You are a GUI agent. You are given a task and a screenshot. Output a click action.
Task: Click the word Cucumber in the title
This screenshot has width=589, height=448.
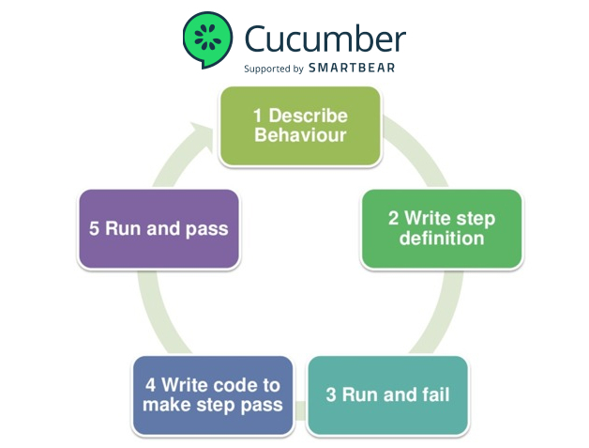325,39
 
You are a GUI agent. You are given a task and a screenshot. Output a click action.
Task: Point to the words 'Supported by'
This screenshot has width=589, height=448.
273,69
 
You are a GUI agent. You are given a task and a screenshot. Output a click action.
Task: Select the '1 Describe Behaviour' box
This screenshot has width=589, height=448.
300,126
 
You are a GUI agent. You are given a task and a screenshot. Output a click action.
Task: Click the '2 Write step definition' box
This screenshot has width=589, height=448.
442,228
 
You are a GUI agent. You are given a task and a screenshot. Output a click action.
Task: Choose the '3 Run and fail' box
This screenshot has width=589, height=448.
386,394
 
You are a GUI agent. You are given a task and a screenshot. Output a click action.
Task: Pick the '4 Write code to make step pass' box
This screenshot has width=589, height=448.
212,394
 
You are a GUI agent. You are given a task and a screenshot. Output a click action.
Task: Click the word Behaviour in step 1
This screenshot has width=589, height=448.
301,135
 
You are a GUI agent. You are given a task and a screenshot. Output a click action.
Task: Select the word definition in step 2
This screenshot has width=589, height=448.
442,239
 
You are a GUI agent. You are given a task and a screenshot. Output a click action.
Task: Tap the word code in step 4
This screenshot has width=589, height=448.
228,385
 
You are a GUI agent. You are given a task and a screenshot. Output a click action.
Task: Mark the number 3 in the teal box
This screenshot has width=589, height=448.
331,394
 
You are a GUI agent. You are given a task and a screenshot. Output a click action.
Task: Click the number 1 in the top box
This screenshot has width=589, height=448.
259,116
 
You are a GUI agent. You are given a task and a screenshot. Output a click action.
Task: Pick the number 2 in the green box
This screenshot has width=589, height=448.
394,219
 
